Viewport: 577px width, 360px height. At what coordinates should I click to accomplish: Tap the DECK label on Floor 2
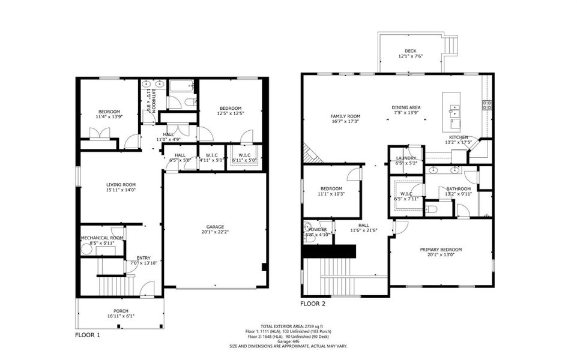(x=410, y=51)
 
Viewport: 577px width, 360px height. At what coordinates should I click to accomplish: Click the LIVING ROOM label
(x=121, y=185)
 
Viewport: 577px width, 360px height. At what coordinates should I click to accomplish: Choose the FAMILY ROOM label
(x=345, y=116)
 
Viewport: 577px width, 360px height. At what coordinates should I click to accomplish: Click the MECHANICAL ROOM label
(x=102, y=238)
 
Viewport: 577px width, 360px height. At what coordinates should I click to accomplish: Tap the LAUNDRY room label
(x=406, y=158)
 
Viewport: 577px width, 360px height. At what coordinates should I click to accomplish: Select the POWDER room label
(x=318, y=229)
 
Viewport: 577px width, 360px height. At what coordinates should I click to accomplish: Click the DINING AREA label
(x=406, y=107)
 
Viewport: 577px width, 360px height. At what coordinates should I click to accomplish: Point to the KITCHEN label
(x=459, y=137)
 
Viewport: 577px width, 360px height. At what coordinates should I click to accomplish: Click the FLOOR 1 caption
(x=88, y=335)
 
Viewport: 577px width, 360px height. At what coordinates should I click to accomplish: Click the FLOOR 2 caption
(x=313, y=304)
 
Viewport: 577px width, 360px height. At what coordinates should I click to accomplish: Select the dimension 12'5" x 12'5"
(x=231, y=113)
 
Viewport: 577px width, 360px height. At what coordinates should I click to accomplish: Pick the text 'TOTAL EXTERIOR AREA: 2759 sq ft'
(x=288, y=326)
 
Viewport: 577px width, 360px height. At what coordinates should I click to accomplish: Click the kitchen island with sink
(x=452, y=112)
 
